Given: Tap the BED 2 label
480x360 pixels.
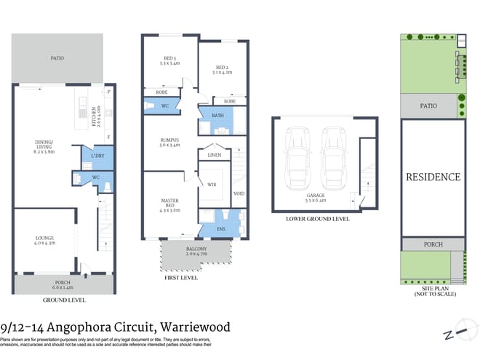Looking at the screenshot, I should tap(222, 69).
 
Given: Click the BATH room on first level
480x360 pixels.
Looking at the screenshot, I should tap(217, 116).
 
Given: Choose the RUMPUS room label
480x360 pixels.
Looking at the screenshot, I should tap(169, 143).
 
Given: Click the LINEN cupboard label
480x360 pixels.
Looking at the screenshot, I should tap(214, 156).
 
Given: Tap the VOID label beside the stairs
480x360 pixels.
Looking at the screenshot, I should tap(238, 193).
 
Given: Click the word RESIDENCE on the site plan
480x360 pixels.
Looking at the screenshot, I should tap(433, 177).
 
